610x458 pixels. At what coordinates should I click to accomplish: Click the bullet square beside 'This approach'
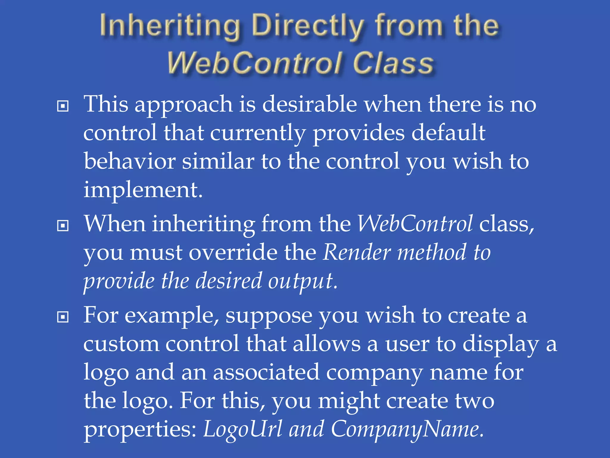click(x=63, y=106)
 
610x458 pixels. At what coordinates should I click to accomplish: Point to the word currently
click(x=258, y=133)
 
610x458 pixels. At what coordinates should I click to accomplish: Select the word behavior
click(x=129, y=161)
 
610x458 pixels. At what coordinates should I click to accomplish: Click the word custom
click(x=121, y=344)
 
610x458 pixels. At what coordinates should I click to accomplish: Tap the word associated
click(x=266, y=372)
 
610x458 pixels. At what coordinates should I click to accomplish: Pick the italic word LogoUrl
click(x=242, y=429)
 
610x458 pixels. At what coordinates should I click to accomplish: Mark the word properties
click(x=140, y=430)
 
